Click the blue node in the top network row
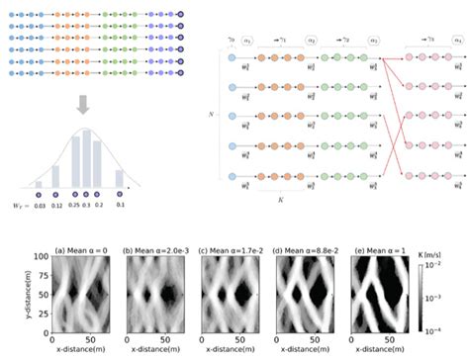(232, 59)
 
